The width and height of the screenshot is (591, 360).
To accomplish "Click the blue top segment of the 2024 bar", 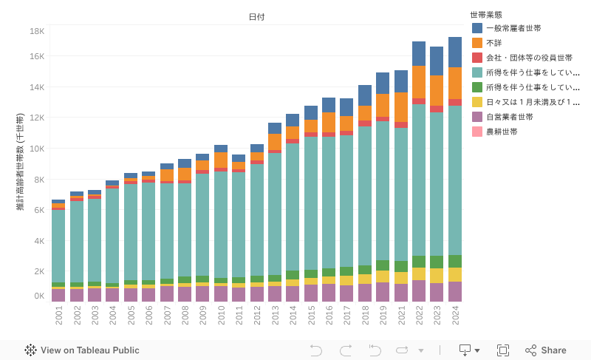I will point(455,52).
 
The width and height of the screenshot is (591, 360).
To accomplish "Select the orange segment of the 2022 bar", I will point(419,82).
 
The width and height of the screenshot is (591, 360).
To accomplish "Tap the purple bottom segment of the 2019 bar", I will point(383,292).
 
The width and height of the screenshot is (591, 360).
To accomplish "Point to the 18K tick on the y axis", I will point(38,31).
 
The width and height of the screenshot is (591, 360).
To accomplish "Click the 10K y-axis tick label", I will point(38,149).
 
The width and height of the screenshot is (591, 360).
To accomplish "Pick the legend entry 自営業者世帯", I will point(509,117).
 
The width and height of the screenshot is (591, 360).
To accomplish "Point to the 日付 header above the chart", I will point(256,16).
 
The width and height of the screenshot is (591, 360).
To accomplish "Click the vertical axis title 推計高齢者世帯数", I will point(21,161).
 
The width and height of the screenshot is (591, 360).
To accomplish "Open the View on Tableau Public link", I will point(82,350).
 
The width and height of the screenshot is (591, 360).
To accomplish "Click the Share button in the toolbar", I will point(546,350).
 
